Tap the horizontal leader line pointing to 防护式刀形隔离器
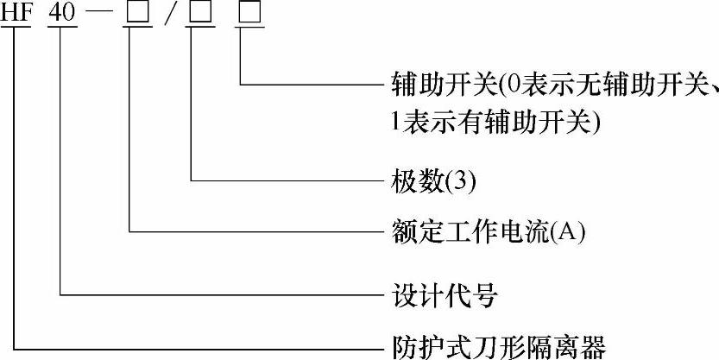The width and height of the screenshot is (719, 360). click(x=199, y=348)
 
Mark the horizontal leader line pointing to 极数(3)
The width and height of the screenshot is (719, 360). click(x=285, y=180)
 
